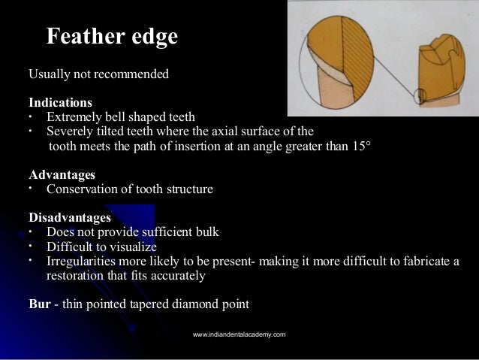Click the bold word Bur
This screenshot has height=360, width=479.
click(39, 305)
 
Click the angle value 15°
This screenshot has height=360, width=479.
click(360, 146)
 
